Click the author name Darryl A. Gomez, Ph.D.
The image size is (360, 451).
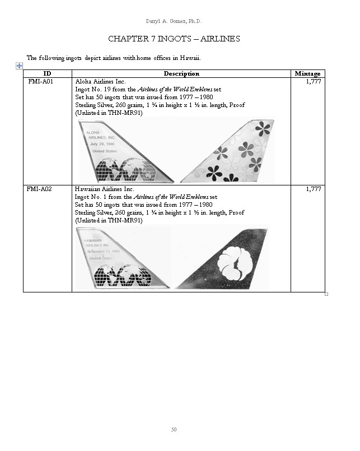click(174, 21)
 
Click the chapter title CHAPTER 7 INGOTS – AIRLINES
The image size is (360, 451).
click(174, 39)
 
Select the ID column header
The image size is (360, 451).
click(47, 73)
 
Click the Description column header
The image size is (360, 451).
click(181, 73)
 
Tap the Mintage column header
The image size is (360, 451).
click(307, 73)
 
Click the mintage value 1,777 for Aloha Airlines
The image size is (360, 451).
click(313, 81)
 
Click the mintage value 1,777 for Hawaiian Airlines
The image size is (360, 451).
click(313, 189)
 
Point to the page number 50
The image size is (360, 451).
click(174, 430)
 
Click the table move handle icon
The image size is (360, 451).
click(19, 66)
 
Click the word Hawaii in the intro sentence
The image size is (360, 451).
click(190, 58)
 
